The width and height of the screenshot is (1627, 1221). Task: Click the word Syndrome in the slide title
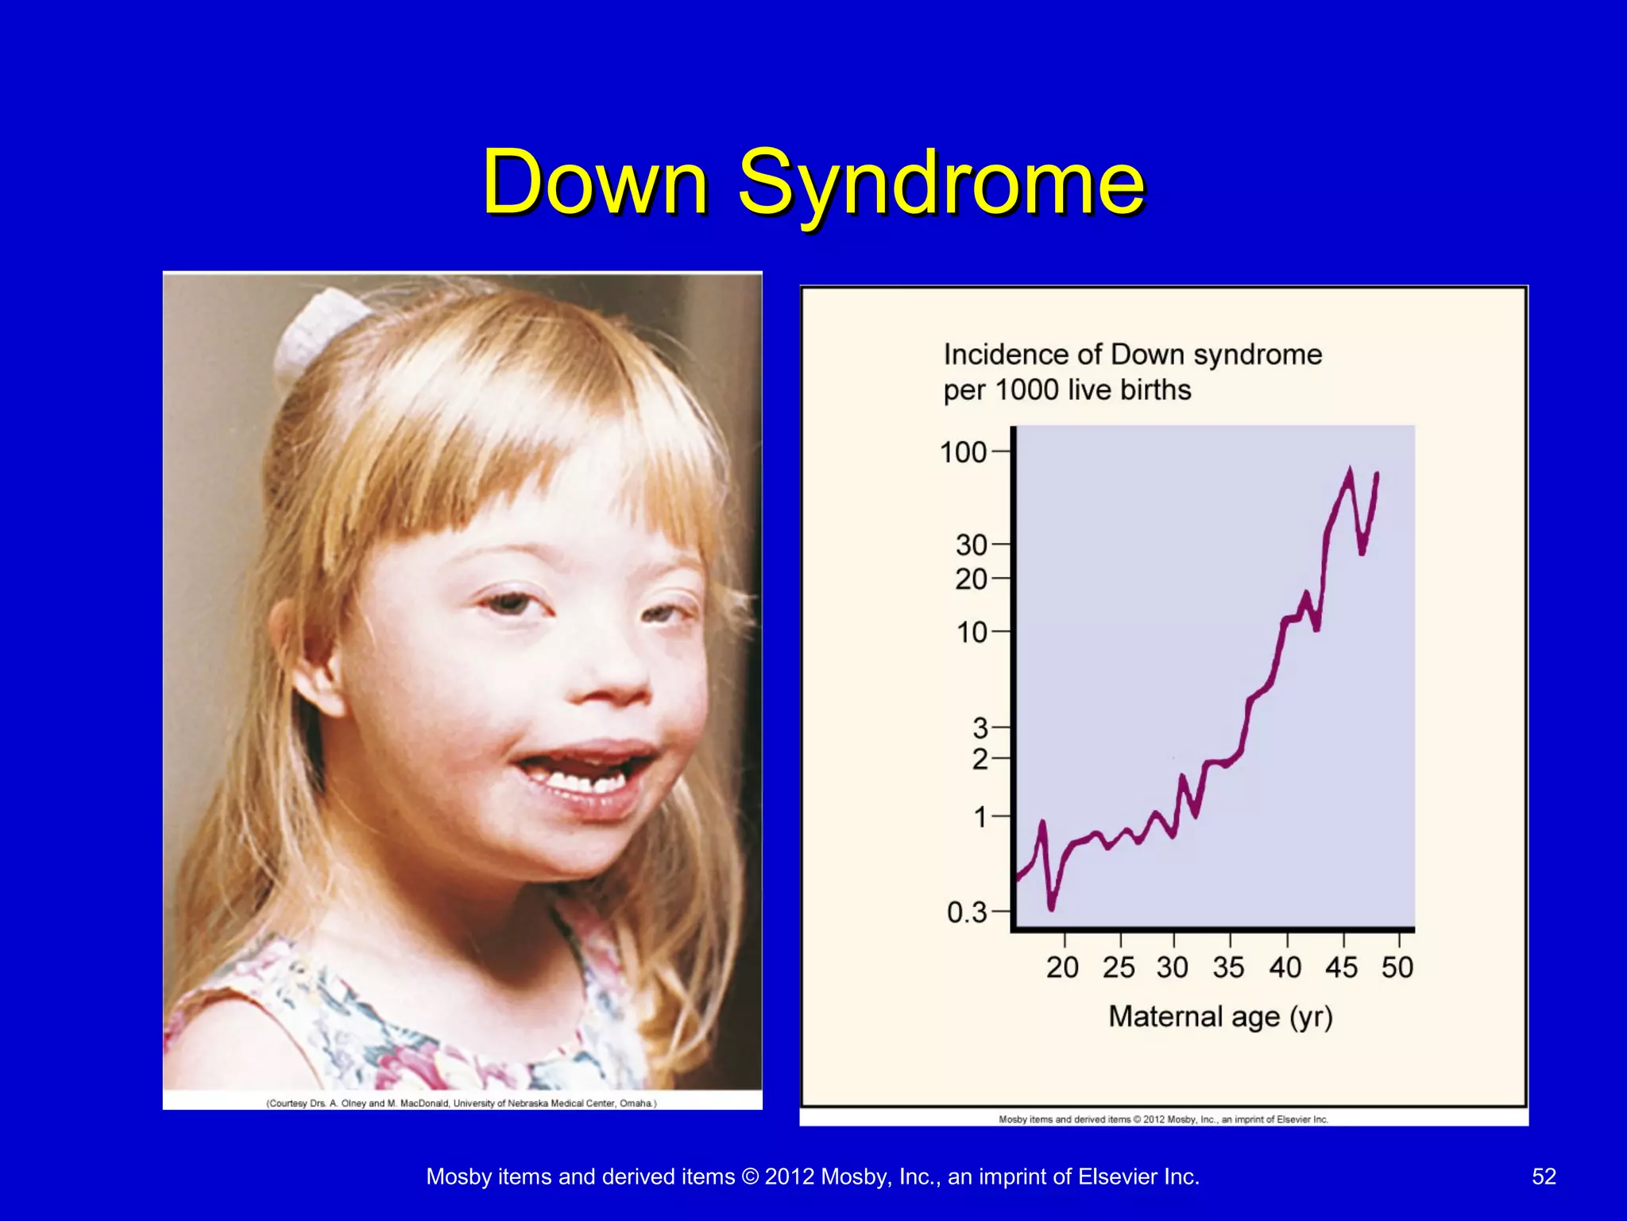(941, 184)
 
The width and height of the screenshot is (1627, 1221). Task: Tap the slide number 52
(1544, 1176)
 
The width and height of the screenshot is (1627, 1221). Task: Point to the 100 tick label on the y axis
(962, 452)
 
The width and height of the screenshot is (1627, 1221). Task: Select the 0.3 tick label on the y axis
(966, 913)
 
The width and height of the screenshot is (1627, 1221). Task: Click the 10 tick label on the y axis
(971, 633)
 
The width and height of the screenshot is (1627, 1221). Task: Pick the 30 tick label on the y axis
(971, 545)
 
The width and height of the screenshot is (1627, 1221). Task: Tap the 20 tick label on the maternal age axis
(1062, 967)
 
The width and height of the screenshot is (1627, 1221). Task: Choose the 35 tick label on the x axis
(1228, 967)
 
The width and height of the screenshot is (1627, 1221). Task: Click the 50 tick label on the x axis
(1397, 967)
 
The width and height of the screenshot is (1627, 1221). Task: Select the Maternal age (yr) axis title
(1220, 1017)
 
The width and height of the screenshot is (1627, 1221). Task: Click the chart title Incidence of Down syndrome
(1132, 355)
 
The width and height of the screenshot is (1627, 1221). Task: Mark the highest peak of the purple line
(1349, 471)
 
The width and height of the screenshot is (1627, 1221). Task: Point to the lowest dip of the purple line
(1052, 907)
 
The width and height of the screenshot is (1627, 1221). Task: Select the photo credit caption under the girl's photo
(462, 1103)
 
